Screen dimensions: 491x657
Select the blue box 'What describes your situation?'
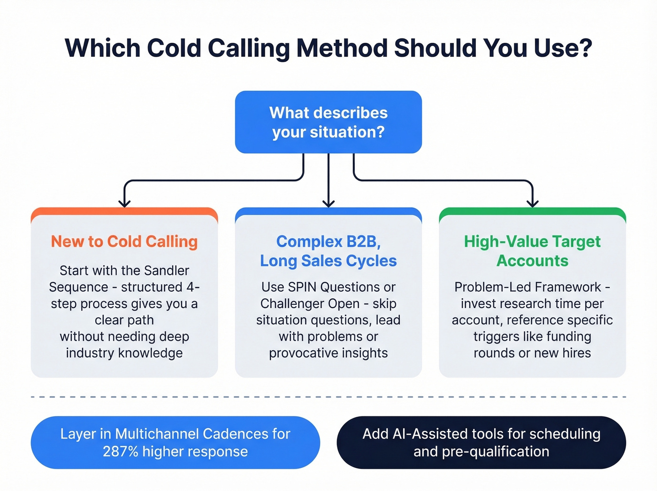(328, 122)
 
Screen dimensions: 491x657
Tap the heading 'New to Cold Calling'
(124, 242)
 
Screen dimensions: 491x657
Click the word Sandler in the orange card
(167, 271)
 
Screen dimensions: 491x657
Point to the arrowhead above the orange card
(124, 203)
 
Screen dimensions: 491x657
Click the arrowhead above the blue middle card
(328, 203)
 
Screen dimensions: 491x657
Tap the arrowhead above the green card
(532, 203)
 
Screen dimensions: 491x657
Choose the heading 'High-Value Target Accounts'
(532, 251)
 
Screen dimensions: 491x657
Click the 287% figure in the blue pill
(121, 452)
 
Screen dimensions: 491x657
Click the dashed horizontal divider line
(328, 397)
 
